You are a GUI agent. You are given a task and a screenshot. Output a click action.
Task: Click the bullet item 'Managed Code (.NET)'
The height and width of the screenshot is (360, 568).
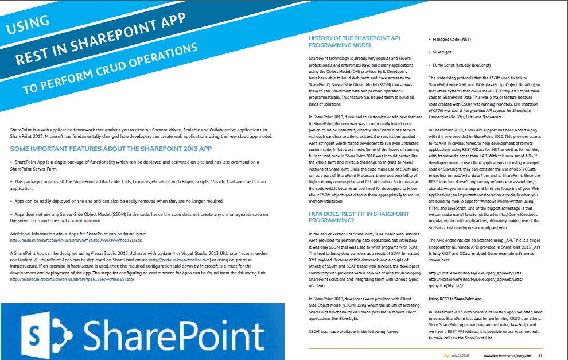click(x=452, y=40)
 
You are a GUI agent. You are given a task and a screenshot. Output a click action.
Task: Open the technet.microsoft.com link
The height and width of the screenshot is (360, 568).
click(x=73, y=279)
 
